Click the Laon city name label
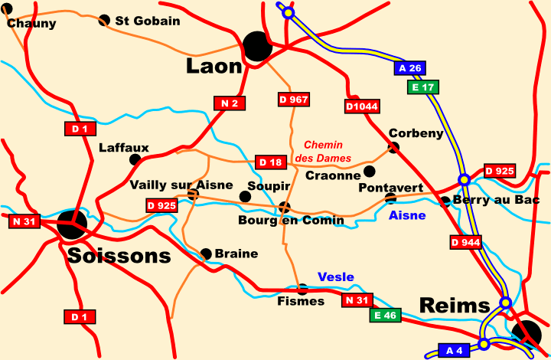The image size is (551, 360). (214, 67)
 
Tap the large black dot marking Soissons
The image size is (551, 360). (72, 224)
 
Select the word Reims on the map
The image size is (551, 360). (454, 306)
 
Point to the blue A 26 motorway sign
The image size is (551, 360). (409, 68)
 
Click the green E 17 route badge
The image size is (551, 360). (422, 87)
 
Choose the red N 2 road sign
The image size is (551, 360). (229, 103)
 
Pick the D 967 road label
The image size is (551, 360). (293, 100)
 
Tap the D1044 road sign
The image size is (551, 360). (362, 106)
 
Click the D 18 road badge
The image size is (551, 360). (270, 162)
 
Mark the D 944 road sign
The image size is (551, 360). (465, 242)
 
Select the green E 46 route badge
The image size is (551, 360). (385, 315)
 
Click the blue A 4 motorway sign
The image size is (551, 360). (454, 350)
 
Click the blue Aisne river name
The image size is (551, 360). (407, 215)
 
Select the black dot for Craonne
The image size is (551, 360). (370, 171)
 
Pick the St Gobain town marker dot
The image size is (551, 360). (104, 20)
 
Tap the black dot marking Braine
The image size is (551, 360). (206, 254)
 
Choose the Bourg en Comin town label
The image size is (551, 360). (291, 221)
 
